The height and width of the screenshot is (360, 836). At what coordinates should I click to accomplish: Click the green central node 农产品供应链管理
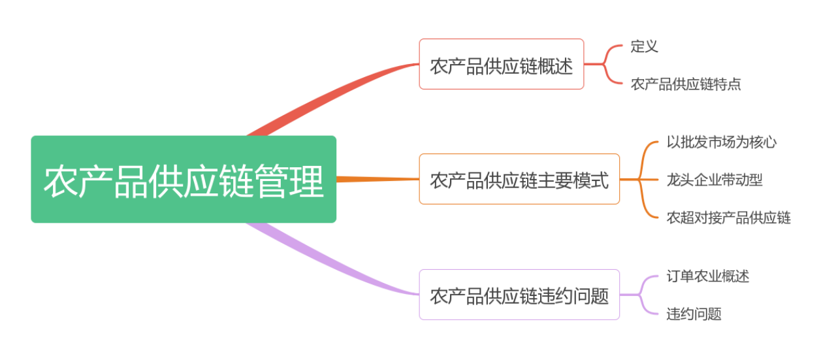click(x=184, y=179)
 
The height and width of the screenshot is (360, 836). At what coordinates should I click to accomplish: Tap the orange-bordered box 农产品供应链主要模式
click(x=519, y=179)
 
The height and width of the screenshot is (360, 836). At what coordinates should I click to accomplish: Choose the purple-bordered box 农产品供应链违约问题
click(x=519, y=295)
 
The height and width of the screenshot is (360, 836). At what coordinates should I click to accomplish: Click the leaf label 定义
click(x=644, y=46)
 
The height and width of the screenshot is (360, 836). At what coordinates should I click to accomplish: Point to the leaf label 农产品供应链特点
click(x=686, y=84)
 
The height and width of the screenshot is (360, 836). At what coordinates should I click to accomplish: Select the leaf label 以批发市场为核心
click(x=721, y=141)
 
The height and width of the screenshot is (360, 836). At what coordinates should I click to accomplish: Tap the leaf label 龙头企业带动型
click(x=714, y=179)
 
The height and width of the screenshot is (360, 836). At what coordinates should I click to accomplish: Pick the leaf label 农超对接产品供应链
click(x=728, y=218)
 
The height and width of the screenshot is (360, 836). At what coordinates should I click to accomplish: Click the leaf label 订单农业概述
click(x=707, y=276)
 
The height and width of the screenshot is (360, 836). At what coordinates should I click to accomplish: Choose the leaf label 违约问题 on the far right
click(x=694, y=314)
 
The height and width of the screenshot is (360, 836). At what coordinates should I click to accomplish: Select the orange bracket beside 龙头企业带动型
click(x=643, y=179)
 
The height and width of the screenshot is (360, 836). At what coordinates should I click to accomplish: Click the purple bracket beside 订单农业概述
click(x=643, y=295)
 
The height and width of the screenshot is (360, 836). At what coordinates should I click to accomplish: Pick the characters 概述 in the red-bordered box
click(x=556, y=65)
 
